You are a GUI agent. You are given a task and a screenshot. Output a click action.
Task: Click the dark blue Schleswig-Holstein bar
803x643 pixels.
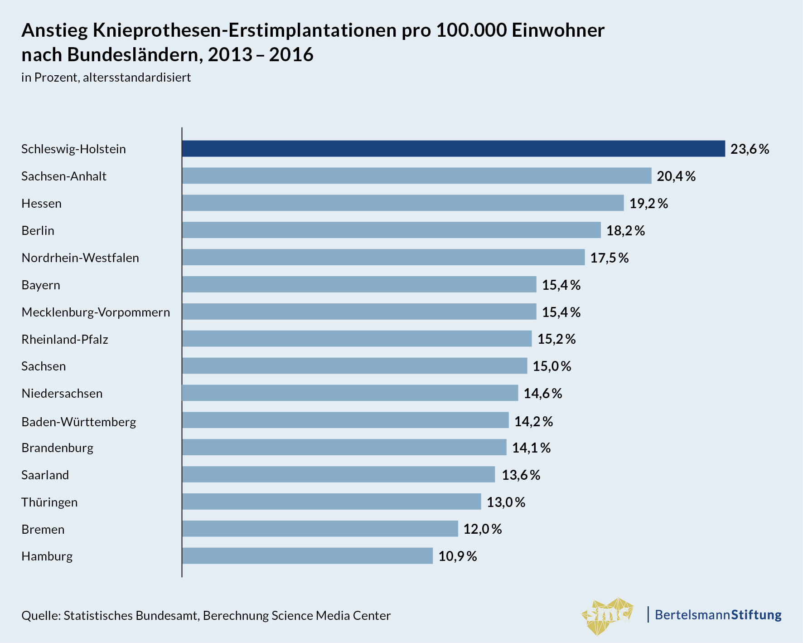pos(453,149)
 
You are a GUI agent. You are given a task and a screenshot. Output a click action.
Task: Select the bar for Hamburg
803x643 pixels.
pos(307,556)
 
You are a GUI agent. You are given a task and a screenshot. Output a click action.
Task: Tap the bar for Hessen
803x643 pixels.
pos(403,203)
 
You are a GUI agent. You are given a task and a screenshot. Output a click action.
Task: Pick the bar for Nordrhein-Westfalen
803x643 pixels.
pos(383,258)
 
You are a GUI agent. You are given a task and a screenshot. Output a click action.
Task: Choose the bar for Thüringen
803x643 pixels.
pos(331,502)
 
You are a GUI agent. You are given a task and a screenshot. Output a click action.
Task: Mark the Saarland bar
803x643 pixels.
pos(339,475)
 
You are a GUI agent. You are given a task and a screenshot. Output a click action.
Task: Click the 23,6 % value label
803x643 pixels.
pos(750,149)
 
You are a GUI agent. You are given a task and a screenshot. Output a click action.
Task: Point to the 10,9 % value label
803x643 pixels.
pos(458,556)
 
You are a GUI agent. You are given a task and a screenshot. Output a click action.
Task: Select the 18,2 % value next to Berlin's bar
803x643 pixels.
pos(625,231)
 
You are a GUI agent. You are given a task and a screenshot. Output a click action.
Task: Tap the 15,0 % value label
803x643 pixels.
pos(552,366)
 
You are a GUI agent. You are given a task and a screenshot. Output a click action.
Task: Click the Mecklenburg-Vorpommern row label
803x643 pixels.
pos(96,312)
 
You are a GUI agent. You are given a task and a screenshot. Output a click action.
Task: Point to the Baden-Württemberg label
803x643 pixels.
pos(79,422)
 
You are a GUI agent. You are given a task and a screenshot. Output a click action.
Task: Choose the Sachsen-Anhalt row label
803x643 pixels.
pos(64,176)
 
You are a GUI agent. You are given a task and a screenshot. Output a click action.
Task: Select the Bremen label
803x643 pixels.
pos(43,530)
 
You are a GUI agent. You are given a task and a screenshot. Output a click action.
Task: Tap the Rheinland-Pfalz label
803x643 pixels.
pos(65,340)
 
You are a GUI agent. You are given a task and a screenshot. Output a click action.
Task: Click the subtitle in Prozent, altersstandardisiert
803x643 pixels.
pos(106,78)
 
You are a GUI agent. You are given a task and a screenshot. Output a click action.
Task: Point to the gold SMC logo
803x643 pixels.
pos(608,615)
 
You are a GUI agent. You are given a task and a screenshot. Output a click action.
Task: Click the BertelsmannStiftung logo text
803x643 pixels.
pos(718,615)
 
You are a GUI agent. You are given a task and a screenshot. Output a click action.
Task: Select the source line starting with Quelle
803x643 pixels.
pos(206,615)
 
